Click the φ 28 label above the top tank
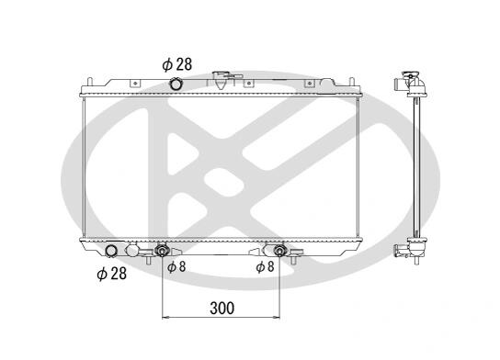pos(177,64)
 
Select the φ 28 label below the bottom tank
pos(111,274)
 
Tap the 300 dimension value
pos(222,308)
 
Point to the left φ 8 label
pos(176,266)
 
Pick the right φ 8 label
pos(265,266)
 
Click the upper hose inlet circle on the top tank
pos(176,84)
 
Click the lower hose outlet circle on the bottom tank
pos(111,251)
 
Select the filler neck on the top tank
pos(221,80)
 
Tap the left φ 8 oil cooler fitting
pos(162,251)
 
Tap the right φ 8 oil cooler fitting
pos(279,251)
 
